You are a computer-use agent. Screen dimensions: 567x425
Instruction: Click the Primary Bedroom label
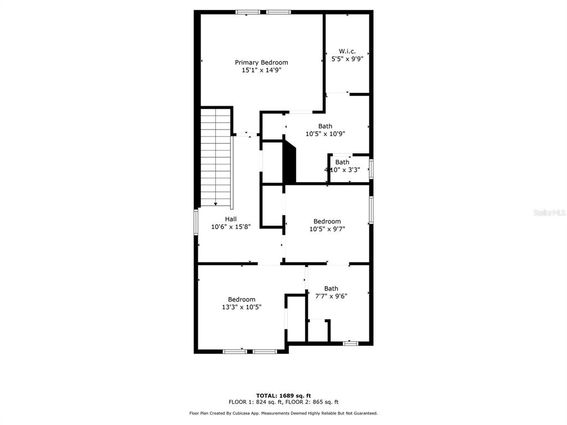pyautogui.click(x=261, y=63)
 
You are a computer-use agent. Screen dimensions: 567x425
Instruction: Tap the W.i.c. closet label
pyautogui.click(x=347, y=51)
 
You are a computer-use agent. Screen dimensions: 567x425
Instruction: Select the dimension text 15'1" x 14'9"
pyautogui.click(x=261, y=70)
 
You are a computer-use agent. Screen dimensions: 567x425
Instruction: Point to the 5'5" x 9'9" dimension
pyautogui.click(x=347, y=59)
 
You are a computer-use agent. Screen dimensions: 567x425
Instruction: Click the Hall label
pyautogui.click(x=231, y=219)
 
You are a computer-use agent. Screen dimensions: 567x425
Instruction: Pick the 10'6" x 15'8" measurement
pyautogui.click(x=231, y=227)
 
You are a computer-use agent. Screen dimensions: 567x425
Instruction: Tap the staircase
pyautogui.click(x=216, y=157)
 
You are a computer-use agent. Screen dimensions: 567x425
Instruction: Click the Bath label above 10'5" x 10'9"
pyautogui.click(x=325, y=126)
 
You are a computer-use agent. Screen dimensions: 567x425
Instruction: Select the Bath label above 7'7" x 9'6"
pyautogui.click(x=331, y=288)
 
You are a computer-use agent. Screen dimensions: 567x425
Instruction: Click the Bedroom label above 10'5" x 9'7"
pyautogui.click(x=327, y=221)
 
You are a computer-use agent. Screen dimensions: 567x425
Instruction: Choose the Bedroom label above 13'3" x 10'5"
pyautogui.click(x=241, y=299)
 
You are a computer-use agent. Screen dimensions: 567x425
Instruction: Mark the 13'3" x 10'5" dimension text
pyautogui.click(x=241, y=307)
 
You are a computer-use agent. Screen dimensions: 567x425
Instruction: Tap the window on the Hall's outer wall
pyautogui.click(x=196, y=222)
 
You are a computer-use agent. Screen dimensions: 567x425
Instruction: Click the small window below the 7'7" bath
pyautogui.click(x=350, y=343)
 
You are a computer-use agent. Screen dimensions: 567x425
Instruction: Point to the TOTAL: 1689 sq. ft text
pyautogui.click(x=283, y=396)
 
